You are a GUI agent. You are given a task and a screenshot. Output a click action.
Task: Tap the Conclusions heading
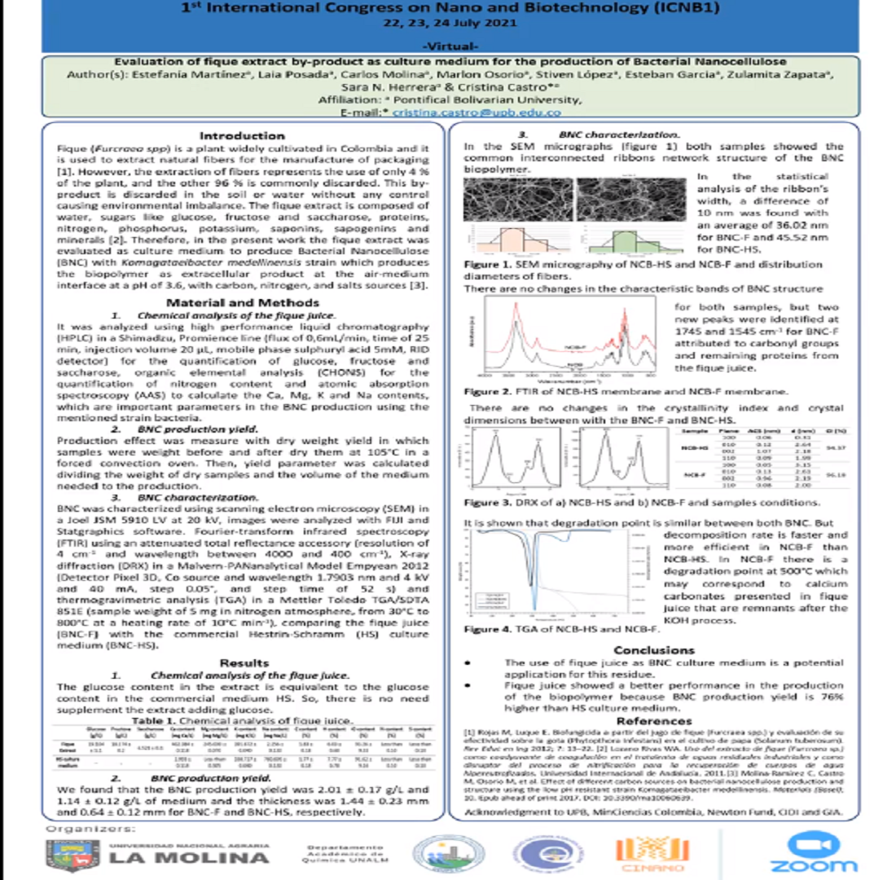click(670, 650)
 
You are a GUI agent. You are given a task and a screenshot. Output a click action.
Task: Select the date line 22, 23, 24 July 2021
click(450, 22)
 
